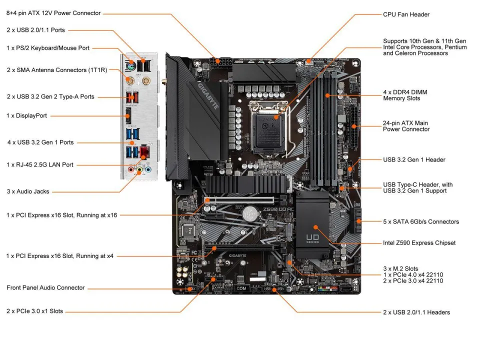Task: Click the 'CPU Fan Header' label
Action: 406,14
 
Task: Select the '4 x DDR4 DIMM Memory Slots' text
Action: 405,95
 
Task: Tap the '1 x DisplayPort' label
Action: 27,115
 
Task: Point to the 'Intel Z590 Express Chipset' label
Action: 419,243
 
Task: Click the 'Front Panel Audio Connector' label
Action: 45,288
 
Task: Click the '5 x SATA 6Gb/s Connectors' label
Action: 420,221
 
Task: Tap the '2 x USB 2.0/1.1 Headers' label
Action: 416,312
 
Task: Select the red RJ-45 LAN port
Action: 145,152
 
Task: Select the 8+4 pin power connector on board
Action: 220,63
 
